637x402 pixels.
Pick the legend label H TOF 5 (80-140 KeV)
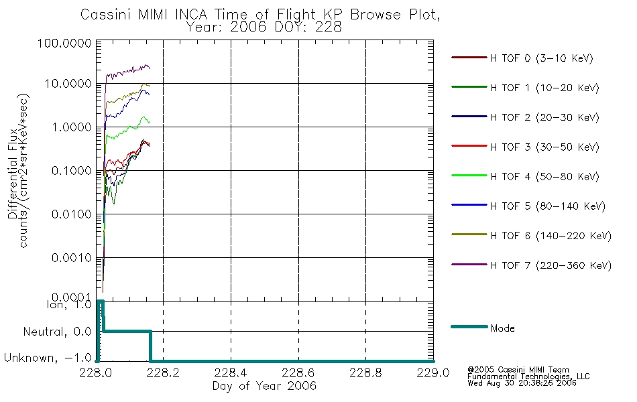tap(548, 206)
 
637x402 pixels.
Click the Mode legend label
tap(502, 328)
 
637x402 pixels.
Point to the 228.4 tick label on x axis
tap(231, 373)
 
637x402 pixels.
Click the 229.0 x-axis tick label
tap(433, 373)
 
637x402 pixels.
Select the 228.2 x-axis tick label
tap(163, 373)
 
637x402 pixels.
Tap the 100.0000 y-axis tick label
tap(64, 43)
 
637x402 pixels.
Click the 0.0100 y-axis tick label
tap(72, 214)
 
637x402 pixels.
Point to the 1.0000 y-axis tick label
tap(72, 127)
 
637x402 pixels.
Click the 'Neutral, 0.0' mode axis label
tap(57, 332)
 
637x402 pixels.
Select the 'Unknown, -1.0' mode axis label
tap(48, 358)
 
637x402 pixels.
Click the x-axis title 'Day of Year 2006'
tap(264, 386)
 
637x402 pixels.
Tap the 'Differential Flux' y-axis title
tap(13, 174)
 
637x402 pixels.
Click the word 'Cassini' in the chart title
tap(105, 15)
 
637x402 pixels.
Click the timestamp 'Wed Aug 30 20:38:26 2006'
tap(522, 383)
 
